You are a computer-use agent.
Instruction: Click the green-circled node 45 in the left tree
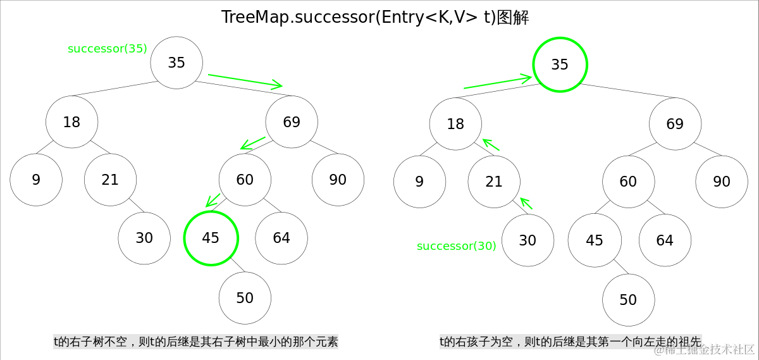211,238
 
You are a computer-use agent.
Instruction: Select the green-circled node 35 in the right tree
560,65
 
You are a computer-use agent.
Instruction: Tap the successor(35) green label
108,49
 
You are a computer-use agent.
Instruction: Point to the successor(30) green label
457,246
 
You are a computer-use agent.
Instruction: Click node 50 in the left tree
245,298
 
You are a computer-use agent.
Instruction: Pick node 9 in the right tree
419,182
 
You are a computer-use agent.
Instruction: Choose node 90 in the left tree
338,180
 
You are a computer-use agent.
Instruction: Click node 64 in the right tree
665,240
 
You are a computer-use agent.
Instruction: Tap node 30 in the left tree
144,238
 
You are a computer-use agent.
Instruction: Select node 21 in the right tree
494,182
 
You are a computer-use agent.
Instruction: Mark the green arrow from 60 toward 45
213,200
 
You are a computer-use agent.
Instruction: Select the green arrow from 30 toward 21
527,203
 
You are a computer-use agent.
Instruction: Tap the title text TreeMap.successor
375,18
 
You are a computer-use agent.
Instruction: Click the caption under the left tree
195,342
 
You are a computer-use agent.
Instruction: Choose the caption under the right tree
571,342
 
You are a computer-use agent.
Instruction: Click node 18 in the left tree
71,122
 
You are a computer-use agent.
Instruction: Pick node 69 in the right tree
675,124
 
